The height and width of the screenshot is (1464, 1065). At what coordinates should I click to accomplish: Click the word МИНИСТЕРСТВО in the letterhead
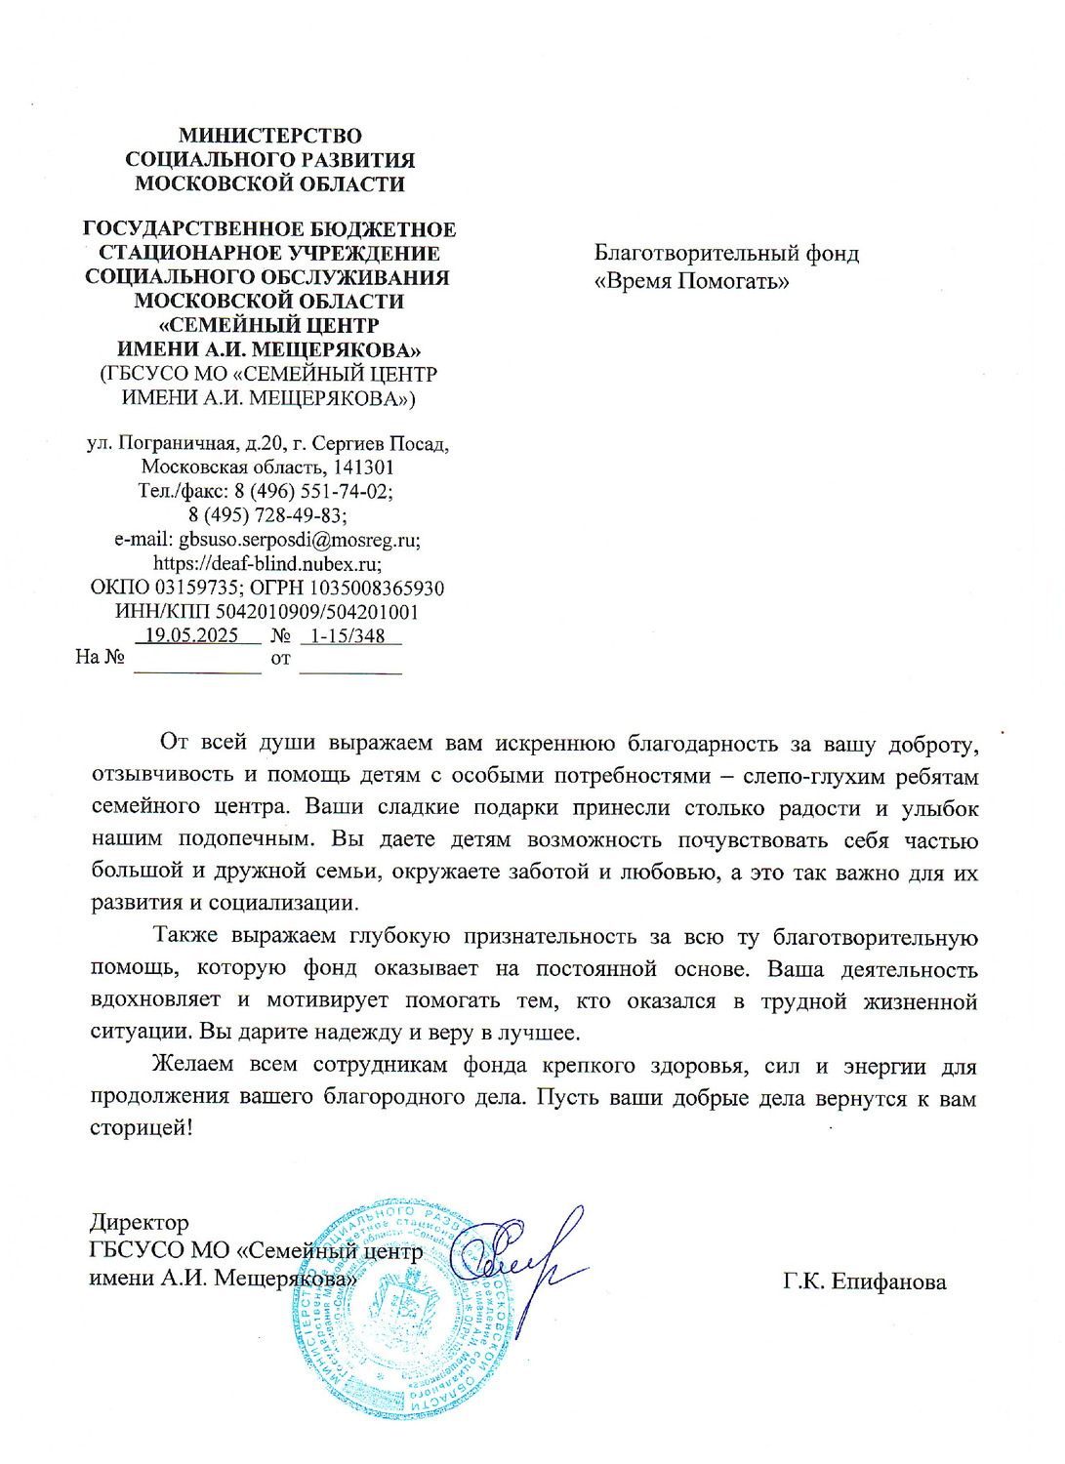(269, 136)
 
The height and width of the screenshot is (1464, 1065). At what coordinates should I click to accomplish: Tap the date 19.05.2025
(191, 635)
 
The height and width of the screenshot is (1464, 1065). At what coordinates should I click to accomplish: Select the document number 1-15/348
(348, 635)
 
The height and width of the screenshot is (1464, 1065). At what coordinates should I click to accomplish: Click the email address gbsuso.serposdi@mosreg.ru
(299, 540)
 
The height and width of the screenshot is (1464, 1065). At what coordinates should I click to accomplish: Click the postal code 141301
(363, 468)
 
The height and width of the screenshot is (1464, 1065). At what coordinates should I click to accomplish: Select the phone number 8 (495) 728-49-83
(267, 515)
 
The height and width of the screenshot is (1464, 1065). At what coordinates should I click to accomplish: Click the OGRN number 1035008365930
(376, 588)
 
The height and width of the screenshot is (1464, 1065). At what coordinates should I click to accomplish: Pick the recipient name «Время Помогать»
(691, 282)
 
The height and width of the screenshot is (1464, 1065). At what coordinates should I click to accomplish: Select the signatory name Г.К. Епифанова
(864, 1281)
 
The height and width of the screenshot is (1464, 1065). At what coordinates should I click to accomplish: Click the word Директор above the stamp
(139, 1223)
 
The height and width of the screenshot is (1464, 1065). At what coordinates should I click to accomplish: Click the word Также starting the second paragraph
(185, 936)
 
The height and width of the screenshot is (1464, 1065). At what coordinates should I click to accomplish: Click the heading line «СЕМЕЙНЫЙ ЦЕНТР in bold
(268, 325)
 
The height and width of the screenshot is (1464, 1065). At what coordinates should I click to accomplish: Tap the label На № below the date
(100, 657)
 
